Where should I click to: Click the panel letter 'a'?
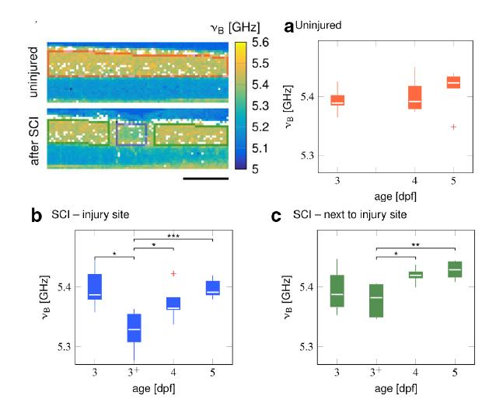pyautogui.click(x=288, y=27)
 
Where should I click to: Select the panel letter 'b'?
pyautogui.click(x=37, y=216)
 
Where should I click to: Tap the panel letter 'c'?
pyautogui.click(x=276, y=217)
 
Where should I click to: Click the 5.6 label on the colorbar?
pyautogui.click(x=260, y=43)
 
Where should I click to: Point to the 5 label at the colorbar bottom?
pyautogui.click(x=255, y=169)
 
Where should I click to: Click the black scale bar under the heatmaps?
pyautogui.click(x=205, y=179)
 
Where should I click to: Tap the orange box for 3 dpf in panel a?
pyautogui.click(x=337, y=100)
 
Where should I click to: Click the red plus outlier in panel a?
pyautogui.click(x=453, y=127)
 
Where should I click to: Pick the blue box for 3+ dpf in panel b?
pyautogui.click(x=134, y=328)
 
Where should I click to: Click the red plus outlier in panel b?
pyautogui.click(x=173, y=273)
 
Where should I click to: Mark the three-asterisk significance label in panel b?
pyautogui.click(x=173, y=236)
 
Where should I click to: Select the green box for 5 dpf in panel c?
pyautogui.click(x=455, y=269)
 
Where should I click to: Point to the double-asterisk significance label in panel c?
pyautogui.click(x=415, y=245)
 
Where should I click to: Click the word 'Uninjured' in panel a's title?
pyautogui.click(x=318, y=26)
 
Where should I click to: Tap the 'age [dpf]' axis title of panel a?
pyautogui.click(x=396, y=196)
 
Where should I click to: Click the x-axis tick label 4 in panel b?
pyautogui.click(x=173, y=373)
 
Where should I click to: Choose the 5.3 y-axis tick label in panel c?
pyautogui.click(x=306, y=346)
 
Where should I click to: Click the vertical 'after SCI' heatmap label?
pyautogui.click(x=34, y=141)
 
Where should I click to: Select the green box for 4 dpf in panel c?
pyautogui.click(x=416, y=275)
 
